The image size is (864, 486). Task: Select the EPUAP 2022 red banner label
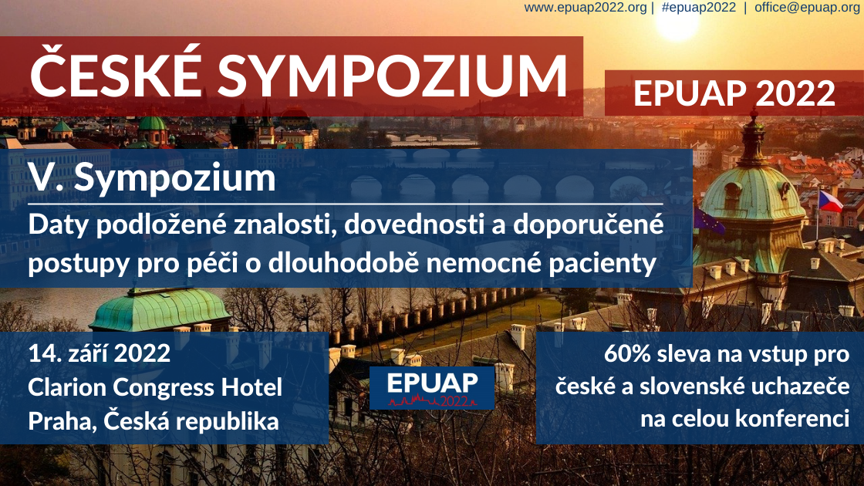coord(734,93)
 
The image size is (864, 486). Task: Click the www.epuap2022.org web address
coord(586,8)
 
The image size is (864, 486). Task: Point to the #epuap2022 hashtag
coord(699,8)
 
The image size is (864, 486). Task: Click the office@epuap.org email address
coord(807,8)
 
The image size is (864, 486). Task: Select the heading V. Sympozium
coord(152,178)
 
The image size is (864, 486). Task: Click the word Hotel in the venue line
coord(251,386)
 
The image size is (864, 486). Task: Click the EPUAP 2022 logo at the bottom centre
coord(432,388)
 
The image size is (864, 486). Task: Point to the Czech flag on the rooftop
coord(829,201)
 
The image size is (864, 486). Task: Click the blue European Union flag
coord(708,221)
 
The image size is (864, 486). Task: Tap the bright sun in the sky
coord(676,23)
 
